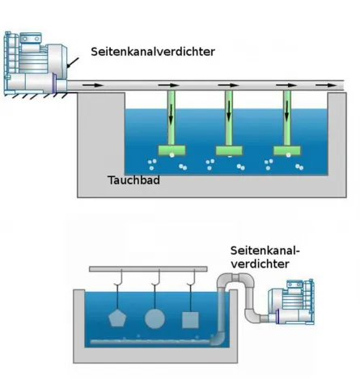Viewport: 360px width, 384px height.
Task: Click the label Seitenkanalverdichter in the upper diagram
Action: point(153,51)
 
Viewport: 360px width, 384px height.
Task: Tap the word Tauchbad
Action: point(133,180)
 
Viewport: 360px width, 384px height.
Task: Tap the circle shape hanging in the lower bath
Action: point(155,317)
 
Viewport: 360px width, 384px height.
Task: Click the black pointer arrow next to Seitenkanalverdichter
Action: point(72,60)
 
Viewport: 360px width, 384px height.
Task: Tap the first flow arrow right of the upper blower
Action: point(94,84)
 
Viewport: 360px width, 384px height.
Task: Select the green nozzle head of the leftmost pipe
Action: point(172,150)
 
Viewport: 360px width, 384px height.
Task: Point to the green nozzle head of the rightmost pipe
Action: point(287,150)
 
